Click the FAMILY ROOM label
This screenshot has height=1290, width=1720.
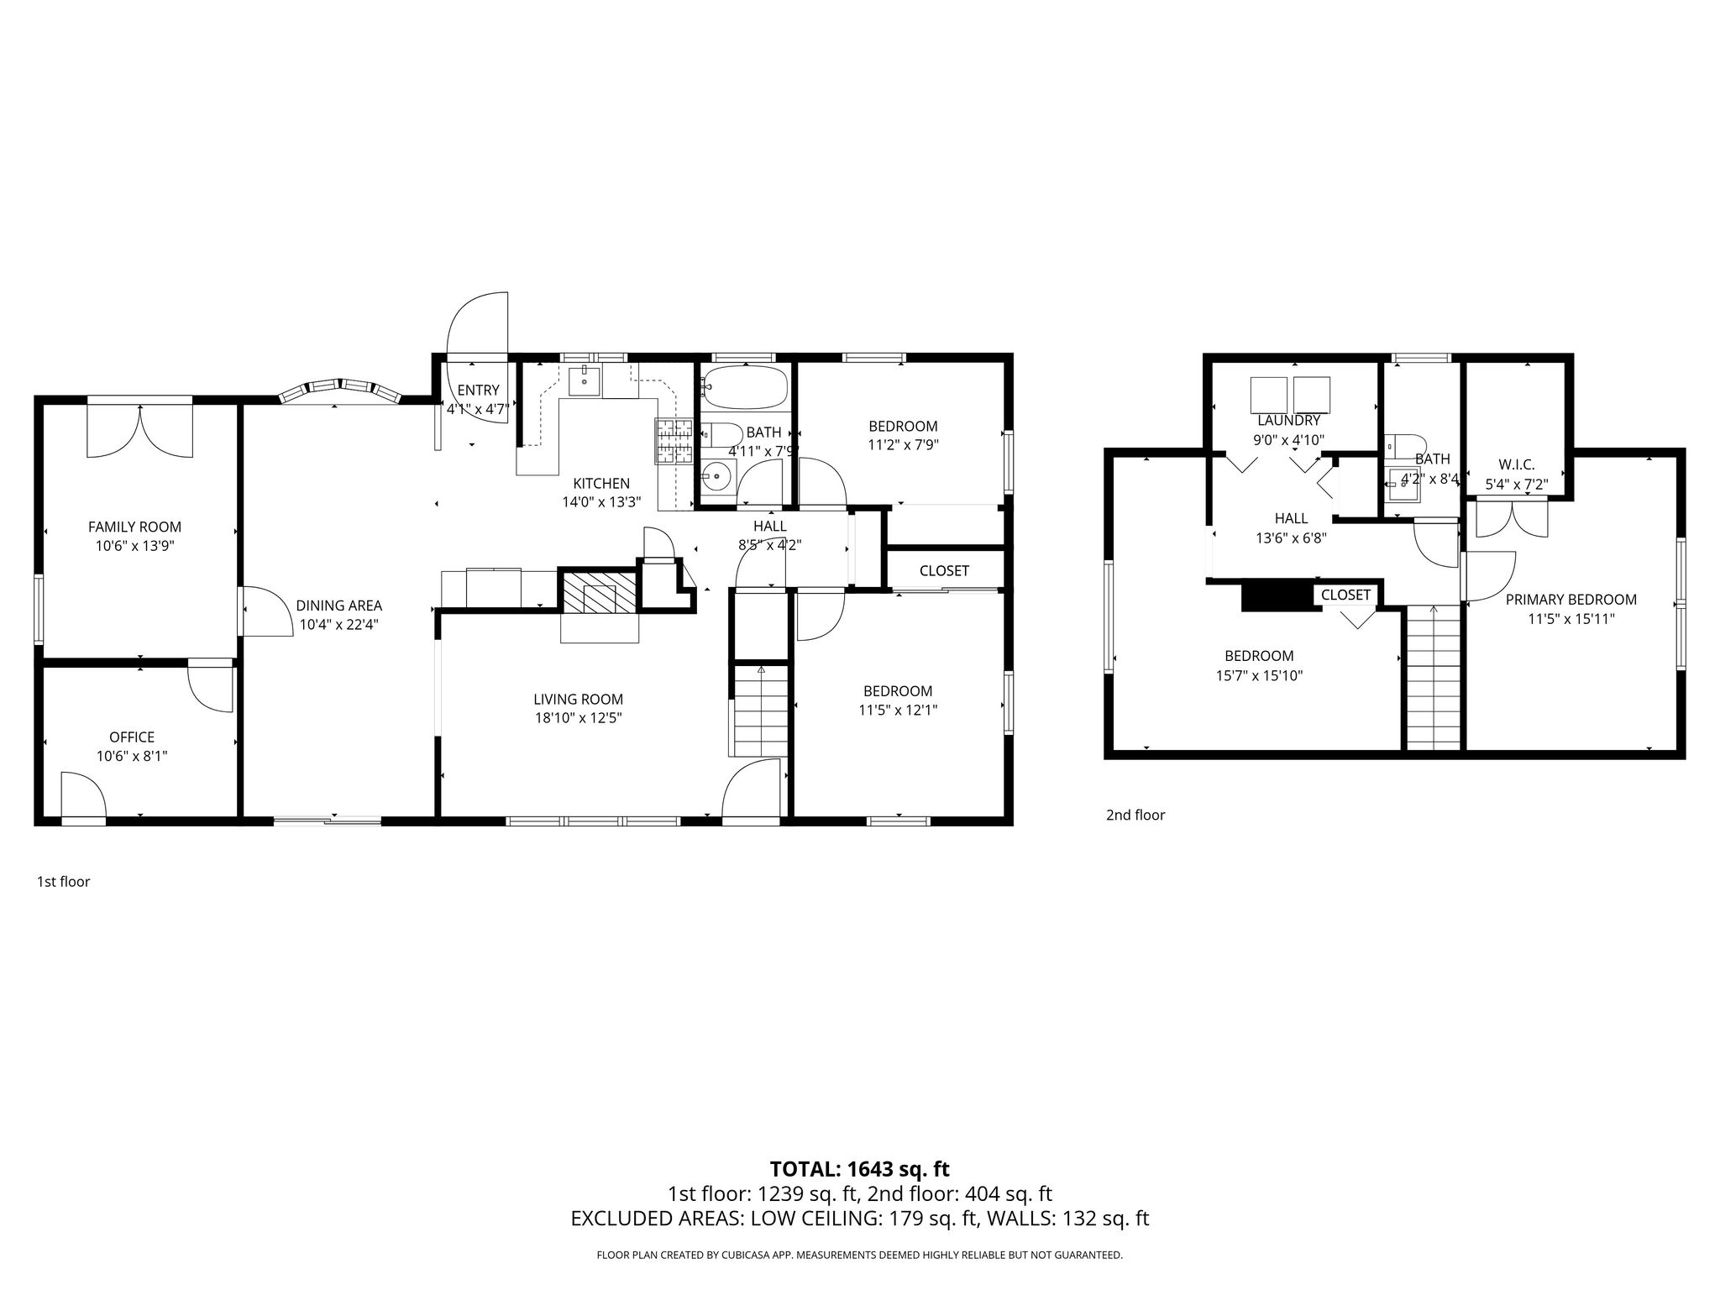(x=134, y=527)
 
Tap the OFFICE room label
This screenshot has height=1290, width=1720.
(x=132, y=737)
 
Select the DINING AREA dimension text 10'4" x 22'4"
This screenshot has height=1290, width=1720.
(x=338, y=625)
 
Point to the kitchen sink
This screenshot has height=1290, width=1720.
(x=585, y=381)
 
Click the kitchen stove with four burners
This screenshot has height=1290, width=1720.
(x=674, y=442)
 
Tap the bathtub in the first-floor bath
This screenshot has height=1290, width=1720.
(x=745, y=386)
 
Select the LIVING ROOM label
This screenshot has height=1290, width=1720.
(x=579, y=700)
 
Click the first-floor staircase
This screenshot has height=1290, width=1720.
(x=760, y=711)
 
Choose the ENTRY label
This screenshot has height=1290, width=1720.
(x=478, y=391)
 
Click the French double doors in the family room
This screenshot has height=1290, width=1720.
(x=140, y=431)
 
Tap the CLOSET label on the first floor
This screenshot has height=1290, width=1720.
(x=945, y=571)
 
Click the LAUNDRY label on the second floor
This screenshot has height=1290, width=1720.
(x=1289, y=421)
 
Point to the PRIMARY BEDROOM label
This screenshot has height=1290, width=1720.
(x=1571, y=600)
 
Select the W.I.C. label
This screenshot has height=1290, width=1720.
(x=1517, y=464)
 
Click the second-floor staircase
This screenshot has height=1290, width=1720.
(x=1434, y=679)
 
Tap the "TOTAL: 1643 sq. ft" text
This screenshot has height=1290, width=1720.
(x=860, y=1169)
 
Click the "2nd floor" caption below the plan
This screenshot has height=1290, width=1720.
(x=1135, y=815)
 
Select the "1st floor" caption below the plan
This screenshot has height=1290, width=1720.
(x=63, y=882)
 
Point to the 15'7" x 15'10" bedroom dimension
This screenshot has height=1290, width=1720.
(x=1258, y=675)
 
